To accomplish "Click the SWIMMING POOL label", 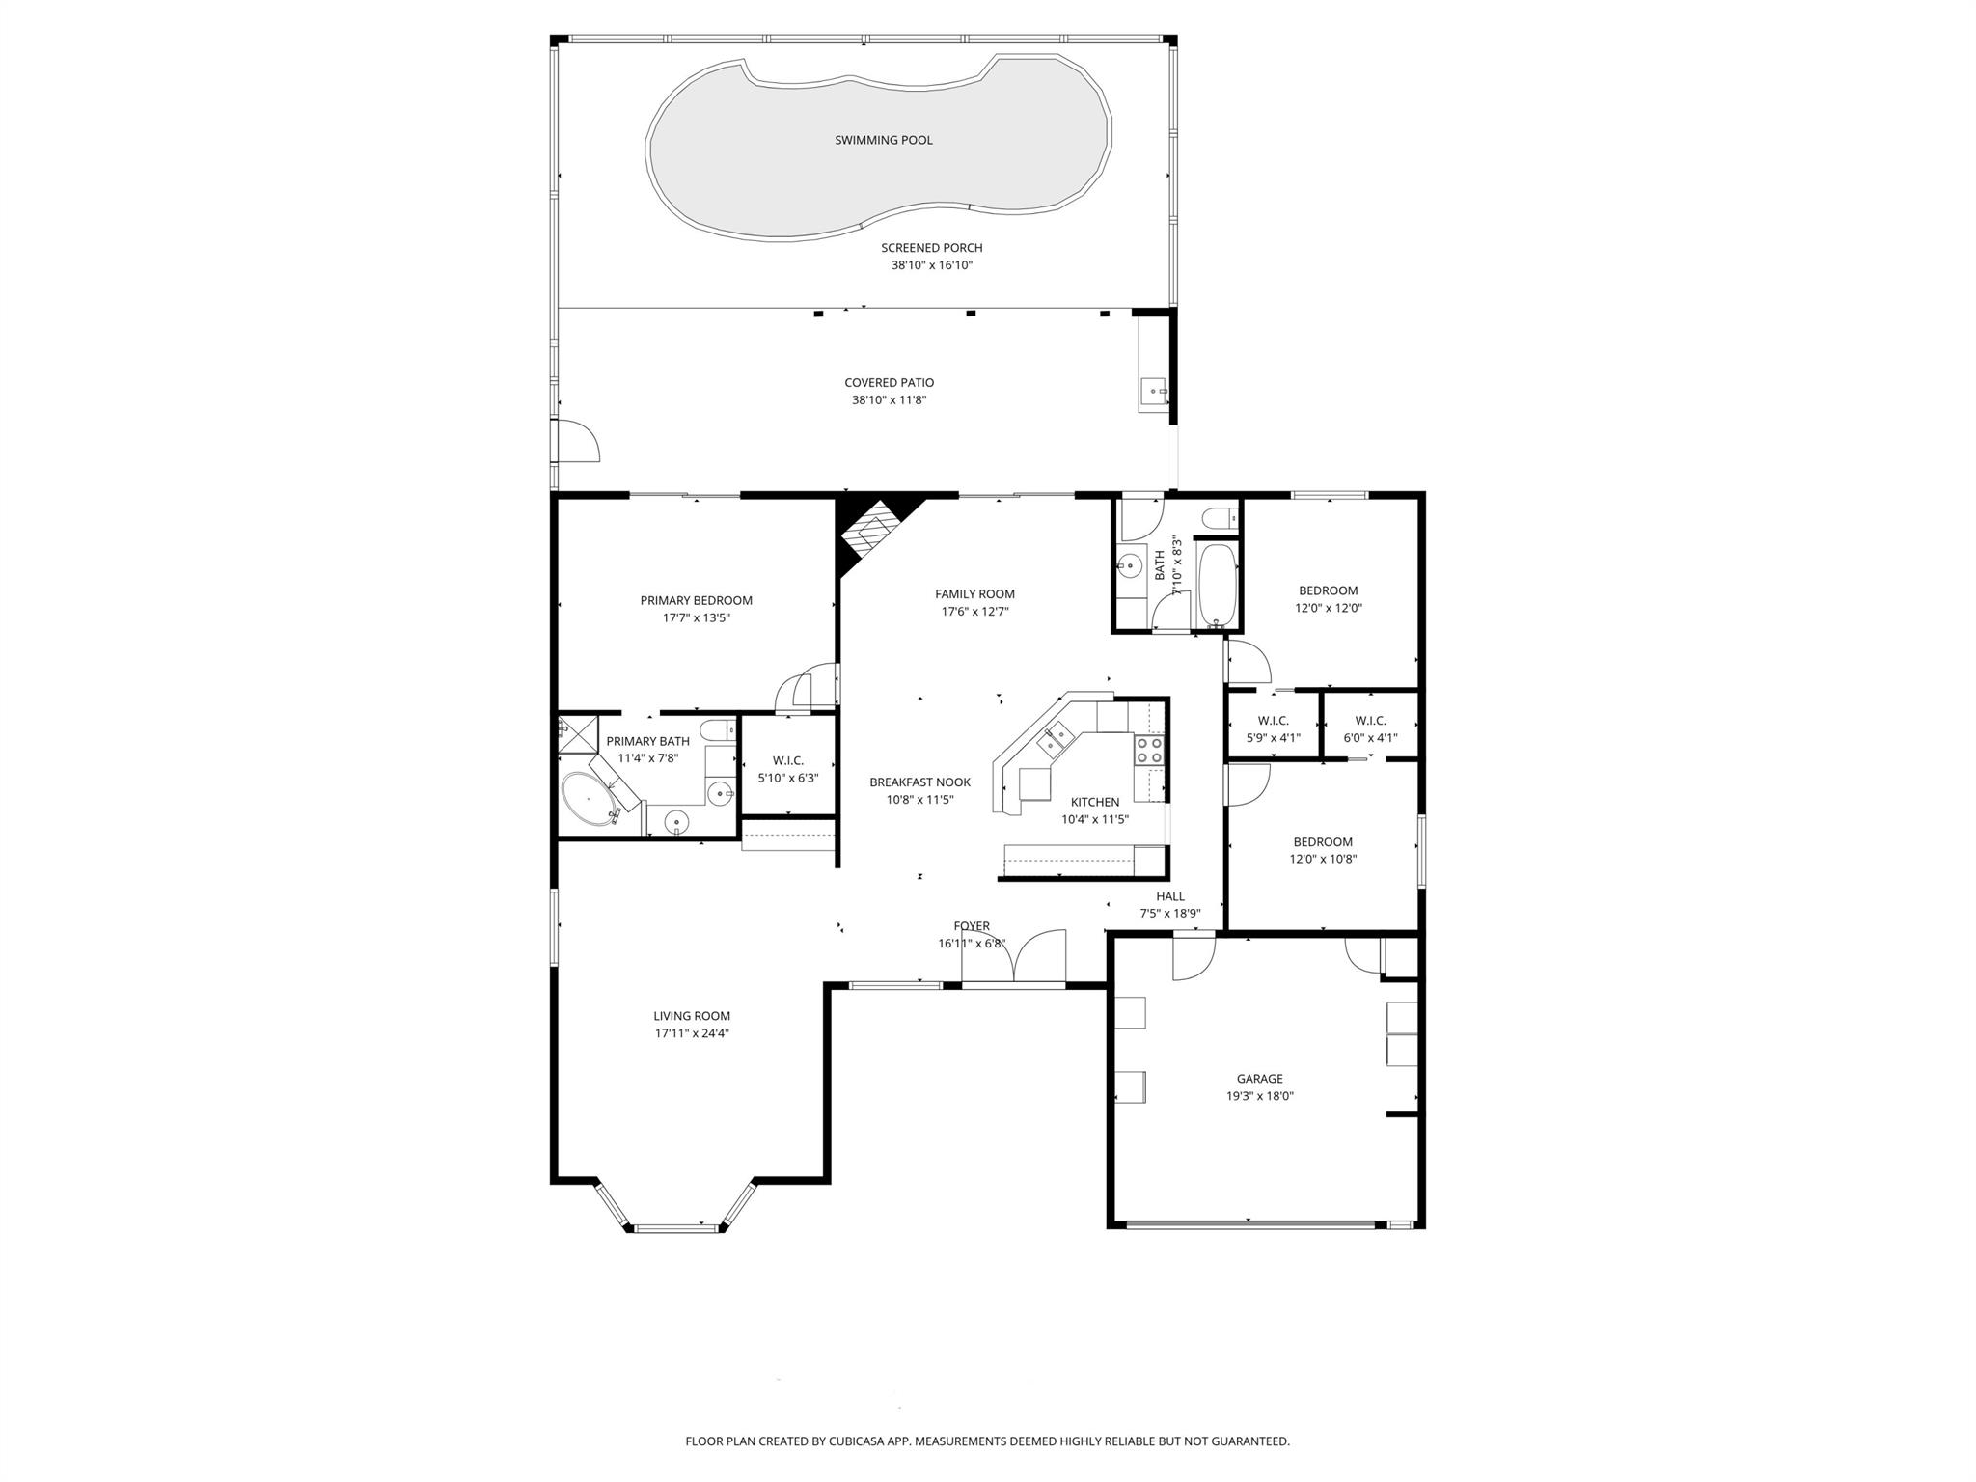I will coord(883,141).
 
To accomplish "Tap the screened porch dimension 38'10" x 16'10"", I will coord(931,265).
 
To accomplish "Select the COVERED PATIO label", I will coord(889,383).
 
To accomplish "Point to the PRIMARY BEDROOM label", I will coord(696,600).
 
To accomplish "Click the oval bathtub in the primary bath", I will coord(590,798).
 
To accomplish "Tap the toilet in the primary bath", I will coord(715,728).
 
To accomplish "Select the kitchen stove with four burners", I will coord(1148,751).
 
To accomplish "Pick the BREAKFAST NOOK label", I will coord(919,782).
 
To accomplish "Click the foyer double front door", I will coord(1013,960).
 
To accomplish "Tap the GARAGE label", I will coord(1259,1079).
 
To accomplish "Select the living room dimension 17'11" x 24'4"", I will coord(691,1033).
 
